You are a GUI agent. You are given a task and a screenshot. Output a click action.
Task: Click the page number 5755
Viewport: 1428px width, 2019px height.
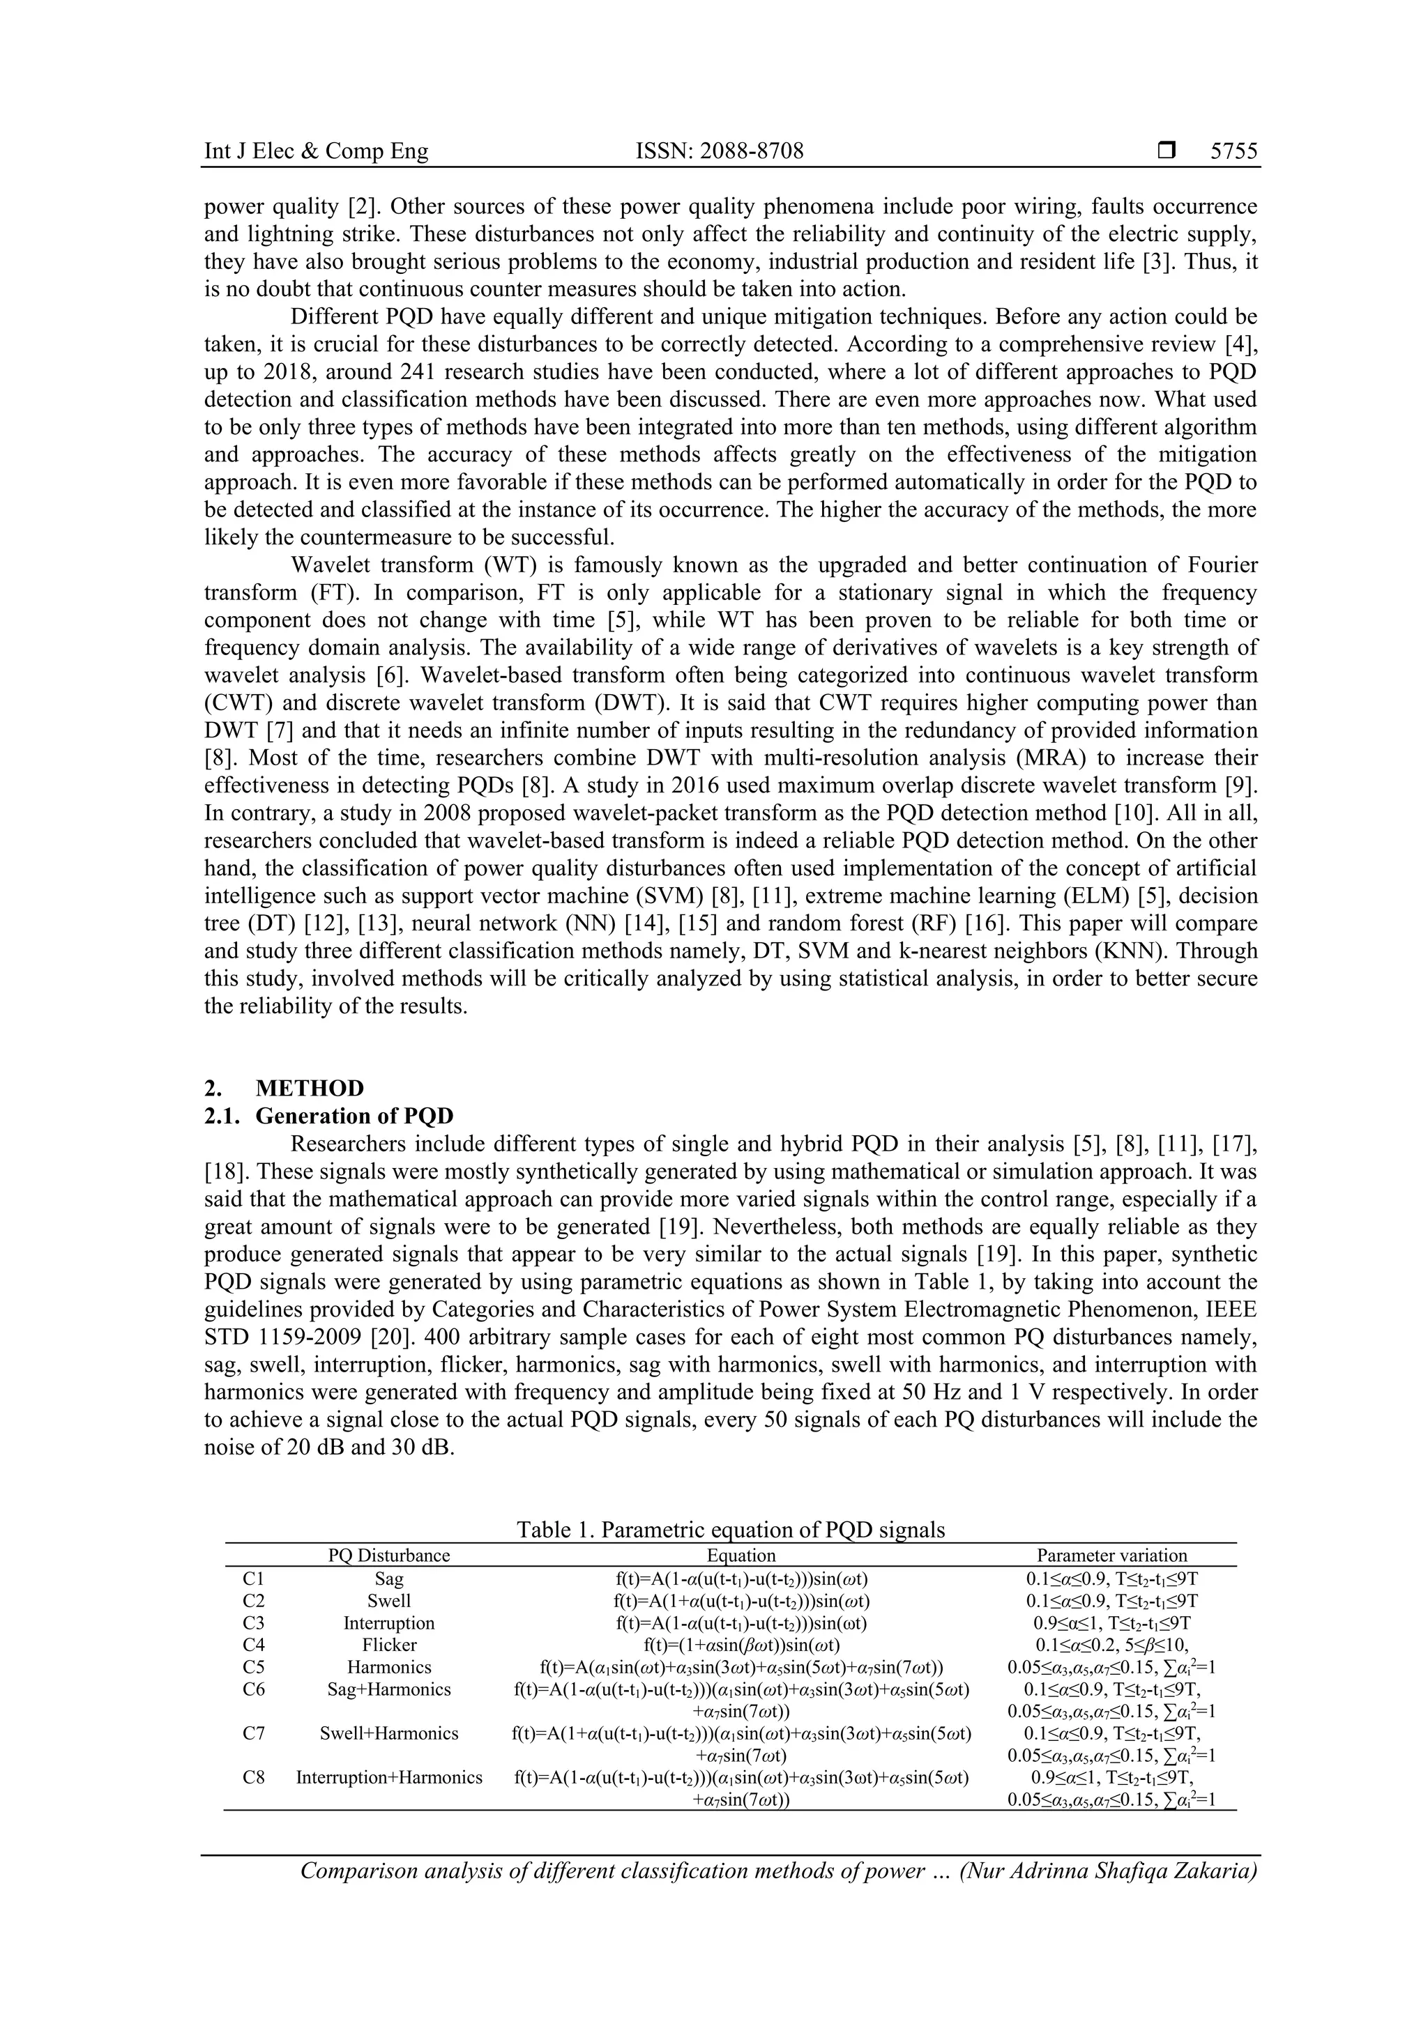1233,151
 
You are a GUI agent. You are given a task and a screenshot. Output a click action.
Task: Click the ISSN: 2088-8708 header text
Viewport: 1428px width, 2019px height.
720,151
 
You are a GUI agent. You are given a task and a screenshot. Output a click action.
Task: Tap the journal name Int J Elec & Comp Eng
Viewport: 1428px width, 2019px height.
316,151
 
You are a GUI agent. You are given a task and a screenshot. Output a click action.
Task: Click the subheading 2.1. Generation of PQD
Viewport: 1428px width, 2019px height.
329,1116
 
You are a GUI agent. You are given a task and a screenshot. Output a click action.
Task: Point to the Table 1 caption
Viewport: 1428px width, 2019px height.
730,1529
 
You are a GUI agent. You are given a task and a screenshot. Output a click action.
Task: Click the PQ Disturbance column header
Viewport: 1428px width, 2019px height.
389,1555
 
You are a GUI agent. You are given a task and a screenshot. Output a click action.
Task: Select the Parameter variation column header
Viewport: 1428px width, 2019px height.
1111,1555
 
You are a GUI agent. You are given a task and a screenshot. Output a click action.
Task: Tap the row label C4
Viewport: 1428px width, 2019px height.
253,1644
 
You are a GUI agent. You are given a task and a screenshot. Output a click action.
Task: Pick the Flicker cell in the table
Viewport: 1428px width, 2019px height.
389,1644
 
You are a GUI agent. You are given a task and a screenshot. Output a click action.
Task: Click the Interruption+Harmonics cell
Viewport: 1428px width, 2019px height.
389,1777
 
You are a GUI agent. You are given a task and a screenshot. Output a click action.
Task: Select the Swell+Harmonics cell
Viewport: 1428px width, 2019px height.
389,1733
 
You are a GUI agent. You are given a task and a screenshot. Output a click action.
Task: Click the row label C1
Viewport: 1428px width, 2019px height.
253,1579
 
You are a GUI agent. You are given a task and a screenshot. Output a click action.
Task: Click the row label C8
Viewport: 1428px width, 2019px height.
253,1777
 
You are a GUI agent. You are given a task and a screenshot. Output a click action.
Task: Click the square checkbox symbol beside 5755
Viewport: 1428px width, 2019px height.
1167,151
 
